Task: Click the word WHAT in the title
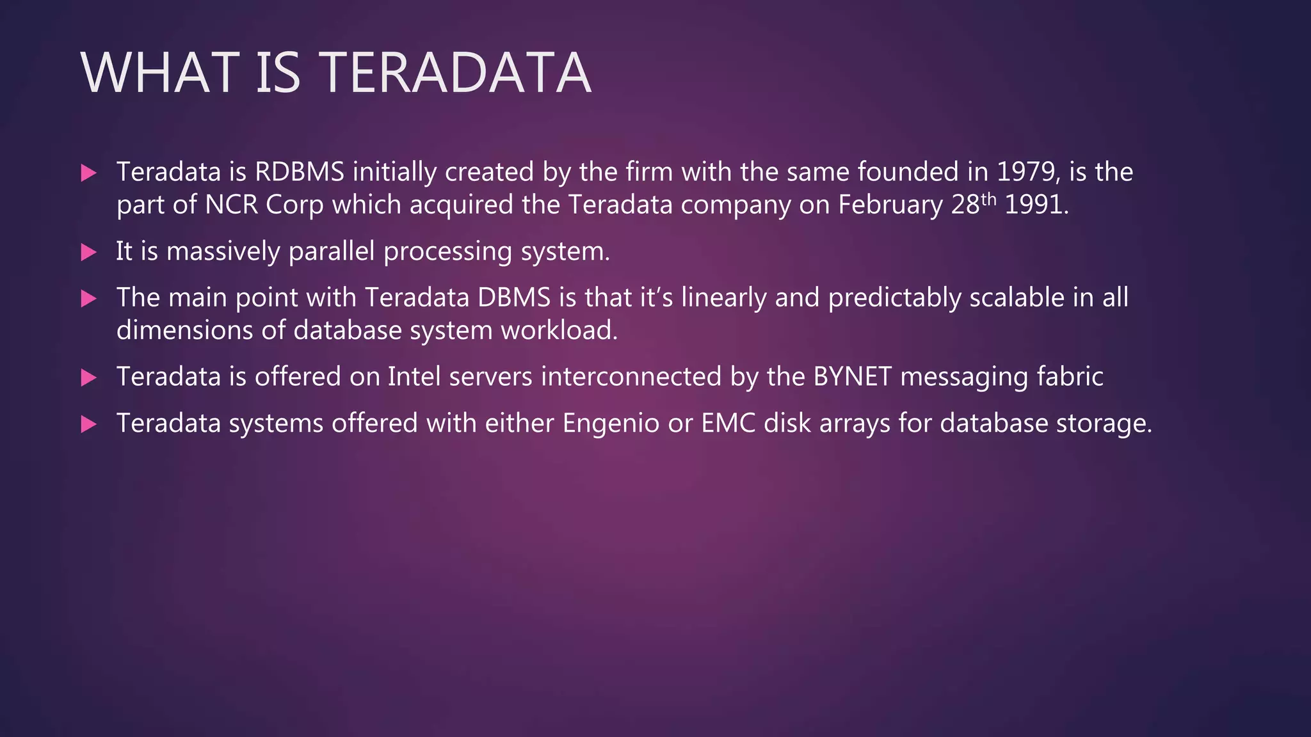(159, 73)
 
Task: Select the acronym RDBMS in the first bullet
(300, 172)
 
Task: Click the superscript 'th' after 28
(988, 199)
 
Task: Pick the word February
(890, 205)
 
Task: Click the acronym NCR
(231, 205)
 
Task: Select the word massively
(223, 251)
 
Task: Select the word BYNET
(853, 377)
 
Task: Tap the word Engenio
(611, 424)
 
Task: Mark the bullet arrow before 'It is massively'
(89, 252)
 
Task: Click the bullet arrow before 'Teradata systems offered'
(89, 424)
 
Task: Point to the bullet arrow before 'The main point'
(89, 298)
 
